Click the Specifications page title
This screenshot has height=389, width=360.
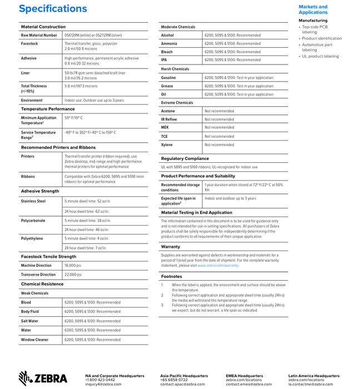(53, 8)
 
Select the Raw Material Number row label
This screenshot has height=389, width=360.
(39, 35)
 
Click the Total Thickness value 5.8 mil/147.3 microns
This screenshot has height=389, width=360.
(81, 86)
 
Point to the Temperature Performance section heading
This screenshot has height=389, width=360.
(48, 109)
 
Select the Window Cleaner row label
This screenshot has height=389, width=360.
(35, 340)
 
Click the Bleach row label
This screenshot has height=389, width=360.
(167, 52)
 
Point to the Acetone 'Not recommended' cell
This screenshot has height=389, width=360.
(219, 111)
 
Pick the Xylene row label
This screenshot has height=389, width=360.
(167, 144)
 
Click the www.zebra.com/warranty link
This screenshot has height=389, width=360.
(218, 266)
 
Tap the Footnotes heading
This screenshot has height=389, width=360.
(171, 276)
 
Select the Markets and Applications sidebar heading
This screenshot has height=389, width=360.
(313, 9)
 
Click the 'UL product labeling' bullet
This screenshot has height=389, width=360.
(319, 56)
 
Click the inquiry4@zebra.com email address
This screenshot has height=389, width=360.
(103, 384)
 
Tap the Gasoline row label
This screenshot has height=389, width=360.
(168, 78)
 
